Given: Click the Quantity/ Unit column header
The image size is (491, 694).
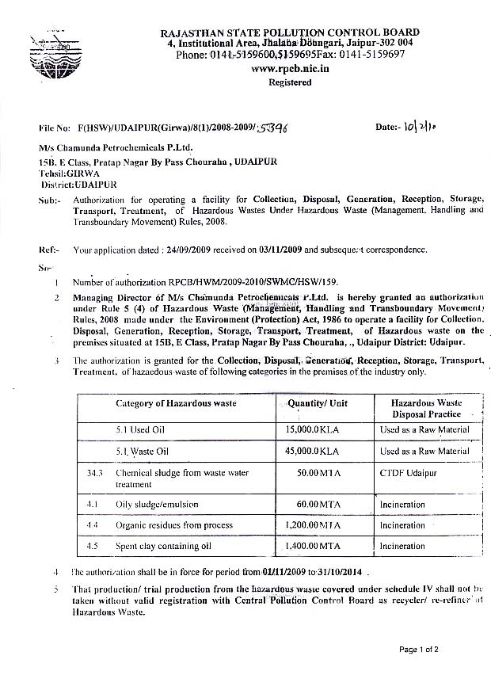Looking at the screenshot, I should click(x=317, y=403).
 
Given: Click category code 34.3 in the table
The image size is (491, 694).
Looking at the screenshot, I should click(x=95, y=472).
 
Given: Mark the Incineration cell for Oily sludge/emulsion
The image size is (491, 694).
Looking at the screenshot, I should click(x=402, y=505).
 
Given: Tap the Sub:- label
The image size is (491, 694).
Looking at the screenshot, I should click(x=48, y=199).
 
